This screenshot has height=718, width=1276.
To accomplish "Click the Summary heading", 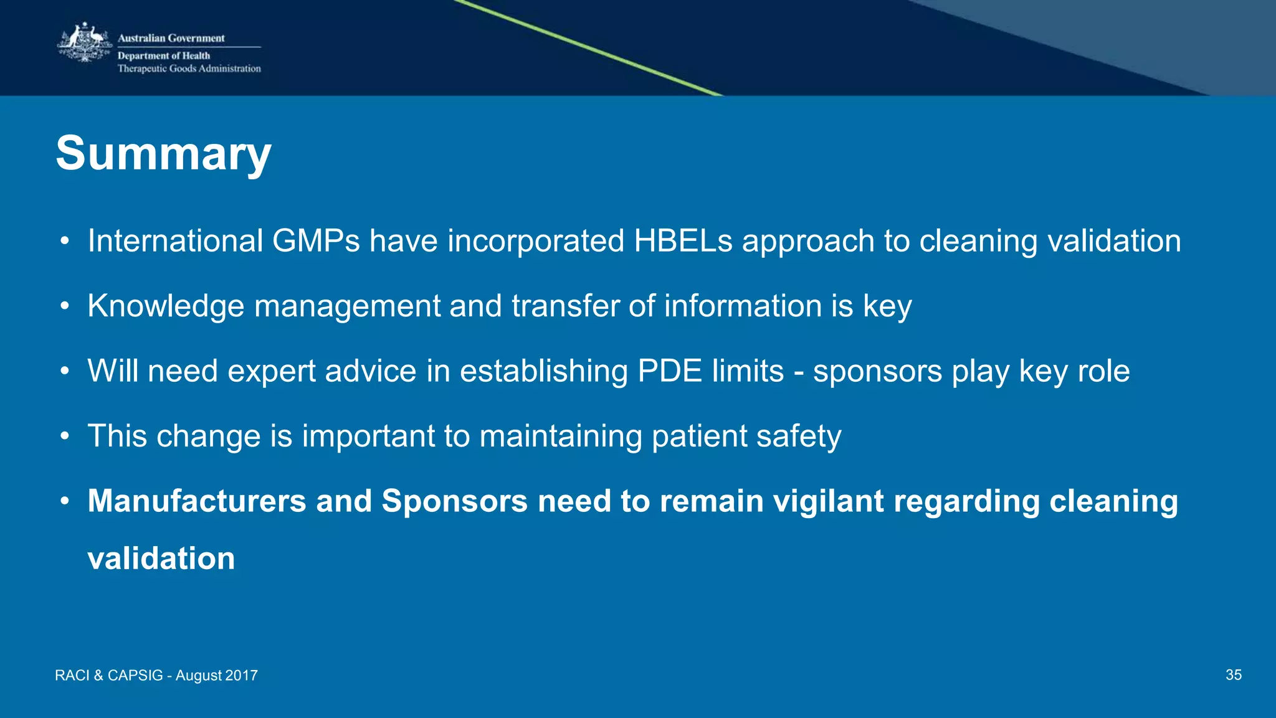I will (163, 153).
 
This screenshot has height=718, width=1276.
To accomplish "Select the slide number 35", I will (1233, 675).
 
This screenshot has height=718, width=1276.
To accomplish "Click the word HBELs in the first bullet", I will (683, 241).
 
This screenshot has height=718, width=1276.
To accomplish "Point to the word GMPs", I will (316, 241).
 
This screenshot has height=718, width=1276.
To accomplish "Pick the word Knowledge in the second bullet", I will (166, 306).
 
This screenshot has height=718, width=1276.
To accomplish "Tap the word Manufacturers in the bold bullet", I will (197, 501).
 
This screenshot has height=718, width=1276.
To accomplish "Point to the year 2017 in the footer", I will (241, 676).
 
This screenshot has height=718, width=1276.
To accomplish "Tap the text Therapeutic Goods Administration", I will (189, 68).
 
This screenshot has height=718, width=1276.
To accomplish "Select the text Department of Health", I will (164, 55).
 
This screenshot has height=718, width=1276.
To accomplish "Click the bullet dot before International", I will (64, 242).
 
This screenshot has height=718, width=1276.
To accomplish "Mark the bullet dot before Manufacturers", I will (64, 501).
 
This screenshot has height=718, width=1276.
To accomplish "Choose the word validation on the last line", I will (161, 558).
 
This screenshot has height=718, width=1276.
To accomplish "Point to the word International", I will (175, 241).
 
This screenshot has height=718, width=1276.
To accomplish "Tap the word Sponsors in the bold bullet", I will (454, 501).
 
